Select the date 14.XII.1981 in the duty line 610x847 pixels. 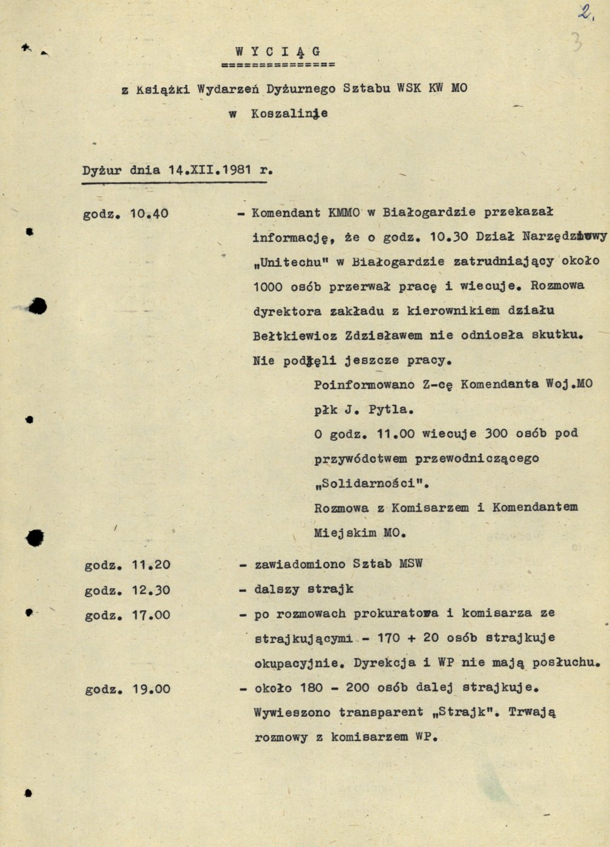click(x=210, y=170)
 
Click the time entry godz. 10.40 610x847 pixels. click(x=126, y=214)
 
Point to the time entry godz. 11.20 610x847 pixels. click(x=127, y=564)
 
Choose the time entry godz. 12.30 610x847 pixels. click(x=127, y=590)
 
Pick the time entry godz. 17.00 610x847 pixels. click(x=127, y=615)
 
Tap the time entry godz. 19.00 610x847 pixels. click(x=127, y=688)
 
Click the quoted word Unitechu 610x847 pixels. click(x=291, y=262)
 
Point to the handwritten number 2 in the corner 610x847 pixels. click(x=584, y=13)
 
